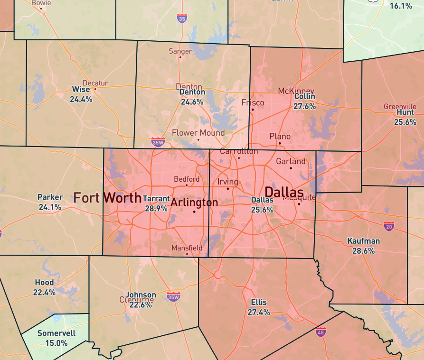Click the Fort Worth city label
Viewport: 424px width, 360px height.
107,198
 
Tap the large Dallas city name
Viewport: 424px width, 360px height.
283,192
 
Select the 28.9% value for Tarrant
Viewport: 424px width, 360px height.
156,208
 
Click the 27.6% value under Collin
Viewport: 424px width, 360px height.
304,106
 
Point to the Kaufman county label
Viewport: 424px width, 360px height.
363,241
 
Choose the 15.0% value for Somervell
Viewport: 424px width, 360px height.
56,342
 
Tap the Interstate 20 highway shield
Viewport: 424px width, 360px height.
389,226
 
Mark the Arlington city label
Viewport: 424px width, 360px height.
194,203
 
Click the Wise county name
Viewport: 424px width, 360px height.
81,90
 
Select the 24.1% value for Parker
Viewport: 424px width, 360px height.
50,207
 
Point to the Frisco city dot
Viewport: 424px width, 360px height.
253,110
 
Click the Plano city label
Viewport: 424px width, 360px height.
280,136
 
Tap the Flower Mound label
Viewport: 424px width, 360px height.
198,133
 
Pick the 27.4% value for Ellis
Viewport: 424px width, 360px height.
259,312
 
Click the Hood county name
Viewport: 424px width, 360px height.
44,283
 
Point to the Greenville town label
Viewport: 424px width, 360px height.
400,106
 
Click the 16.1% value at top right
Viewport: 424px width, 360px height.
401,6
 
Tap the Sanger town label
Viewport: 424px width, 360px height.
180,51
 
